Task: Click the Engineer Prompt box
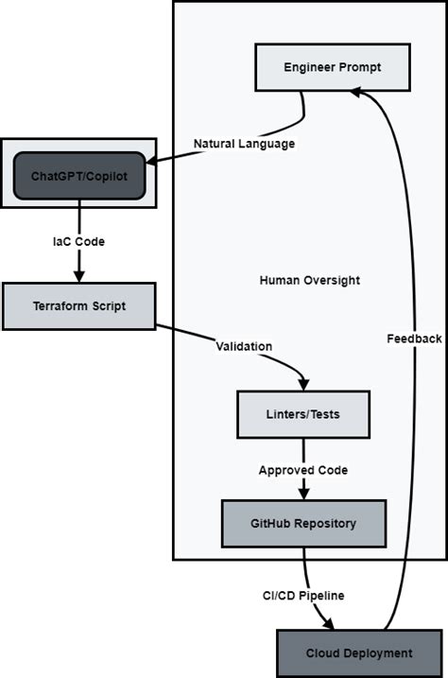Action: [x=332, y=68]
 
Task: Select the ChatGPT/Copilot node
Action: [x=80, y=176]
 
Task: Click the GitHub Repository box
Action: [x=303, y=523]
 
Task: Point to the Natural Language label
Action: [x=244, y=144]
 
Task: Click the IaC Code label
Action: [x=78, y=241]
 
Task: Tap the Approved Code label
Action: [x=303, y=470]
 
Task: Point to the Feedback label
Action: [x=414, y=339]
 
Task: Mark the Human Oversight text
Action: [x=309, y=281]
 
